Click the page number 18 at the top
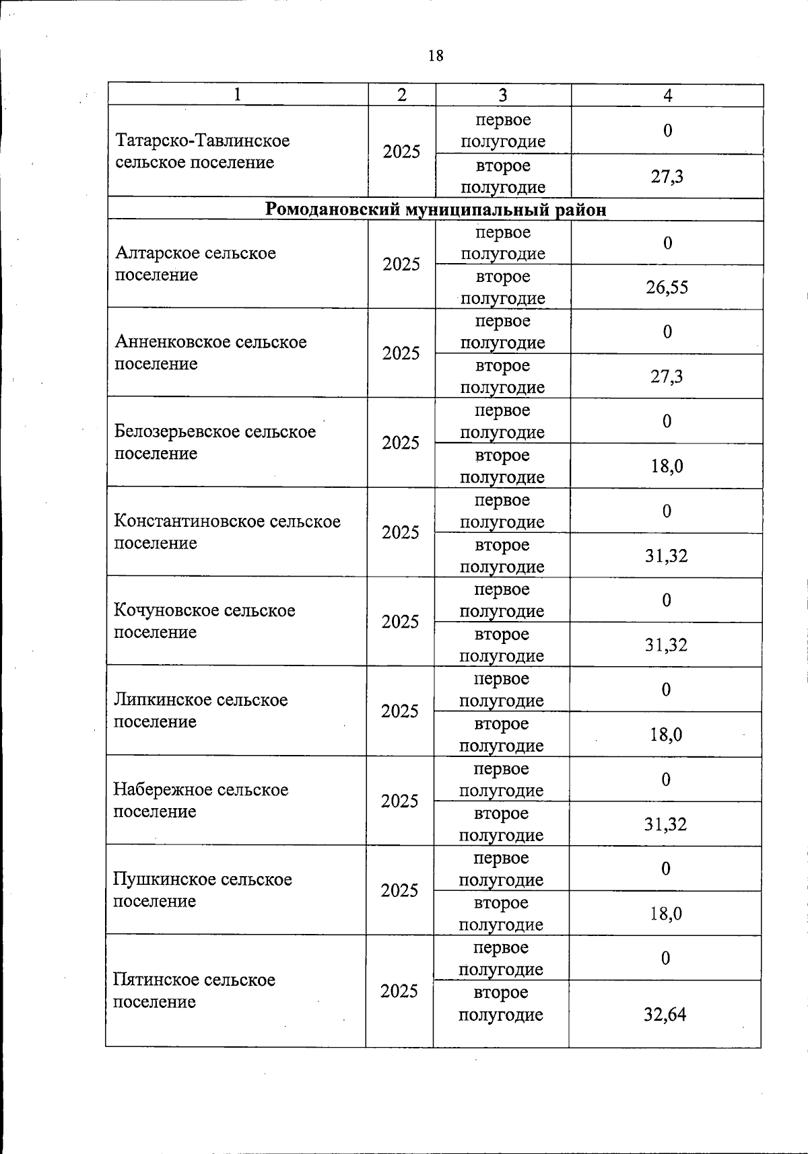click(436, 56)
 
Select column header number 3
click(502, 96)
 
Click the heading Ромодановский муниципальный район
click(436, 209)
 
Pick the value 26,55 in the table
click(667, 287)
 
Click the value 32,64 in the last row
click(665, 1015)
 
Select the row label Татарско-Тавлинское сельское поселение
click(203, 151)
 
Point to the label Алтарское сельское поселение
click(195, 264)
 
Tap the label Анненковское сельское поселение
click(210, 353)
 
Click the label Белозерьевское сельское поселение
click(215, 442)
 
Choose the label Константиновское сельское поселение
click(227, 532)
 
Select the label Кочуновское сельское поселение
click(204, 621)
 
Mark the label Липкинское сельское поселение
click(200, 711)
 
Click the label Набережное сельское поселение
click(200, 800)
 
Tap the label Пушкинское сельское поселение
click(202, 890)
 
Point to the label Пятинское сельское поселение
click(194, 990)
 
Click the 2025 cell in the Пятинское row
click(399, 991)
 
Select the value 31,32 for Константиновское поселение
click(666, 556)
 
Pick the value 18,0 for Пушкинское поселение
click(665, 914)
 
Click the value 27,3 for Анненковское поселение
click(667, 376)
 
